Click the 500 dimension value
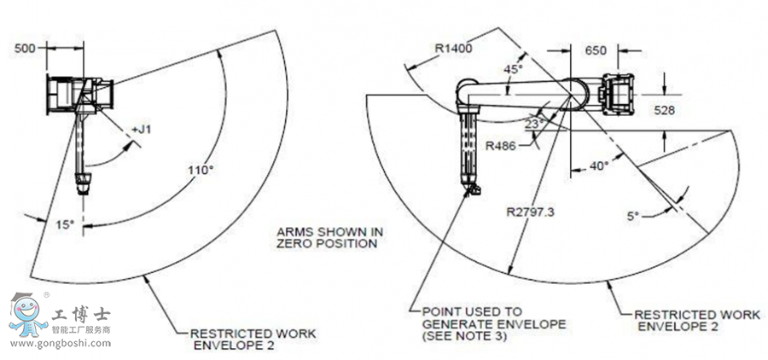pos(26,49)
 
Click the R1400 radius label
pos(453,49)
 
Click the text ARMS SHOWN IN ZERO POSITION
pos(328,237)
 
